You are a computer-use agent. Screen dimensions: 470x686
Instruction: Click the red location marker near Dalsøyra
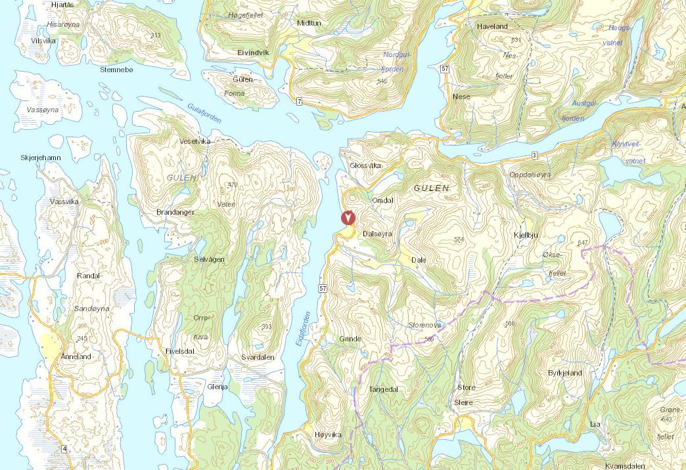pyautogui.click(x=348, y=218)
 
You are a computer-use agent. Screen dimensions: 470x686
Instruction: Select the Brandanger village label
pyautogui.click(x=176, y=213)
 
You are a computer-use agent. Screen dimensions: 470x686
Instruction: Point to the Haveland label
pyautogui.click(x=492, y=26)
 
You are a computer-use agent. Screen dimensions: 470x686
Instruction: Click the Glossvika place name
pyautogui.click(x=366, y=165)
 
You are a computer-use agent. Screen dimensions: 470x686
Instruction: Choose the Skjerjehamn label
pyautogui.click(x=41, y=158)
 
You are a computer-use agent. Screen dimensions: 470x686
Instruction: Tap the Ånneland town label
pyautogui.click(x=75, y=356)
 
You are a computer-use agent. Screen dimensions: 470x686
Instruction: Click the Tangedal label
pyautogui.click(x=384, y=389)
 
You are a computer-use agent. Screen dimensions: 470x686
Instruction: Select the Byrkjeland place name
pyautogui.click(x=564, y=373)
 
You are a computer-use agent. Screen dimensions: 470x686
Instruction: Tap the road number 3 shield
pyautogui.click(x=534, y=155)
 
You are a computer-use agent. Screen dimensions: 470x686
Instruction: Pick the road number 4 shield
pyautogui.click(x=64, y=448)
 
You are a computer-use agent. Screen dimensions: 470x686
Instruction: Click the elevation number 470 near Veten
pyautogui.click(x=231, y=185)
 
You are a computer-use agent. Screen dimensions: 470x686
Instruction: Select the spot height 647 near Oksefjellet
pyautogui.click(x=582, y=244)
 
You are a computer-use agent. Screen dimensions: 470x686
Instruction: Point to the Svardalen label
pyautogui.click(x=258, y=357)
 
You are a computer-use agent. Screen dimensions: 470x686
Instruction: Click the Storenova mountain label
pyautogui.click(x=424, y=325)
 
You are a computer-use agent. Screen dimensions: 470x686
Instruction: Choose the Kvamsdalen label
pyautogui.click(x=626, y=465)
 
